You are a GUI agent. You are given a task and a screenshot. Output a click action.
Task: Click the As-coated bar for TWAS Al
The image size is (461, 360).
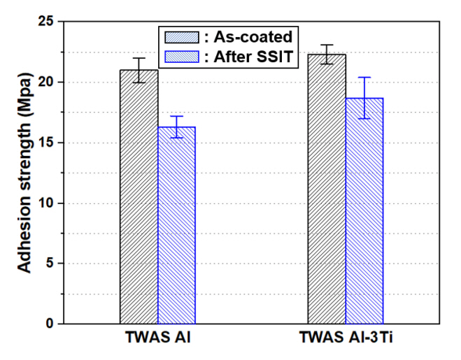pos(139,196)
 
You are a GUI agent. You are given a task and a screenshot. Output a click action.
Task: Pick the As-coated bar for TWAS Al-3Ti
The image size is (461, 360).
pos(327,189)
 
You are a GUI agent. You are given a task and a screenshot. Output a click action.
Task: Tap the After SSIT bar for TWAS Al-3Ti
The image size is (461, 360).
pos(364,210)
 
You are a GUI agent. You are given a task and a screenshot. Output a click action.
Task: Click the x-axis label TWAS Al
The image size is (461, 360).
pos(158,339)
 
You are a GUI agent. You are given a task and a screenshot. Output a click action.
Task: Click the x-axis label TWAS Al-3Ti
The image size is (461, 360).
pos(346,339)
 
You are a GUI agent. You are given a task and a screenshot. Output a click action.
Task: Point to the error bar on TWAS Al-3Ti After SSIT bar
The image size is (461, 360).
pos(364,98)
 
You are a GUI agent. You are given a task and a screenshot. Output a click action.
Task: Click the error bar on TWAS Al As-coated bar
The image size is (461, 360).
pos(139,70)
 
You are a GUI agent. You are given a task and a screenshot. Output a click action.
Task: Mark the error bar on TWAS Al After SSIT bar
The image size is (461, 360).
pos(176,127)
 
